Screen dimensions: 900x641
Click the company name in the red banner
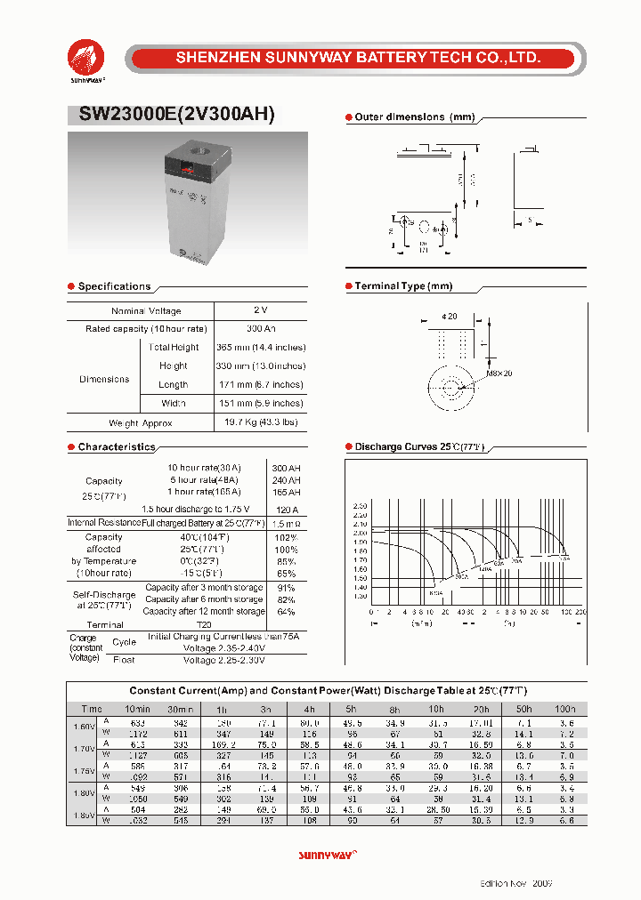click(x=358, y=58)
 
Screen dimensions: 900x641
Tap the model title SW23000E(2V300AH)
click(x=172, y=115)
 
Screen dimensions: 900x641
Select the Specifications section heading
click(x=114, y=286)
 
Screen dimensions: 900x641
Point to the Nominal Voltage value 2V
click(x=260, y=310)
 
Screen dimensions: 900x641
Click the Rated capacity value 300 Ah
click(x=260, y=329)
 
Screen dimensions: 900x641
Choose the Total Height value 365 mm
click(x=260, y=348)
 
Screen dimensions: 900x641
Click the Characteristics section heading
click(x=116, y=447)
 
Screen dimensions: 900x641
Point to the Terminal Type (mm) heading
click(x=403, y=286)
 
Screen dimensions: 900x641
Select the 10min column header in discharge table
click(x=136, y=709)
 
